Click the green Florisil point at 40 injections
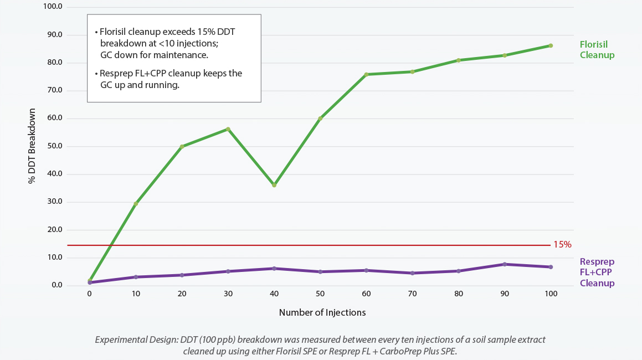pos(274,185)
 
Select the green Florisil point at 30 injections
pos(228,129)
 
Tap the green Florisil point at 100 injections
pos(551,45)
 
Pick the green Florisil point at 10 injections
pos(136,204)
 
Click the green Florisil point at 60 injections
pos(366,74)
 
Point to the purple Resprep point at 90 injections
pos(505,264)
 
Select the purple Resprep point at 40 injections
pos(274,269)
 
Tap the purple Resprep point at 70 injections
pos(412,273)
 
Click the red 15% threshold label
pos(562,244)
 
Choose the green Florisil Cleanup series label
pos(597,49)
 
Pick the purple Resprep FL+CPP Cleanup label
pos(597,272)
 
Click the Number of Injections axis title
pos(322,312)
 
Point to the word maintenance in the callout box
pos(182,55)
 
